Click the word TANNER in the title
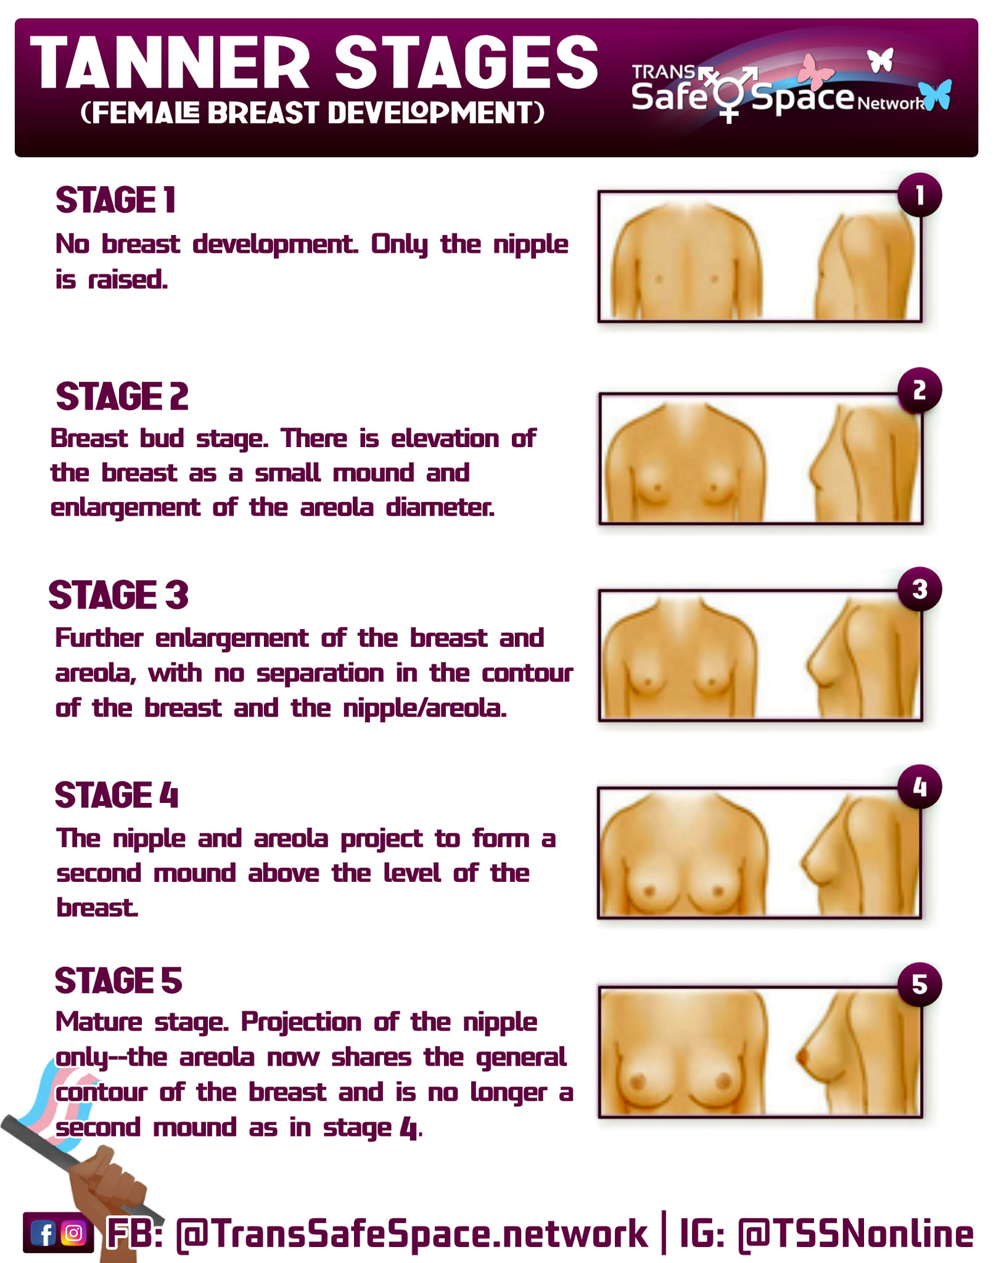pyautogui.click(x=170, y=62)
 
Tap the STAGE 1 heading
pyautogui.click(x=116, y=200)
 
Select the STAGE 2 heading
pyautogui.click(x=122, y=396)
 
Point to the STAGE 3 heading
pyautogui.click(x=118, y=594)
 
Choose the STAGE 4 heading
pyautogui.click(x=117, y=794)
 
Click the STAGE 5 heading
pyautogui.click(x=118, y=981)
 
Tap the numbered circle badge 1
pyautogui.click(x=920, y=195)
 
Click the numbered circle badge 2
pyautogui.click(x=920, y=390)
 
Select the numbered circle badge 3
pyautogui.click(x=920, y=589)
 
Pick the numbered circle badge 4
pyautogui.click(x=920, y=787)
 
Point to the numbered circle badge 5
pyautogui.click(x=920, y=984)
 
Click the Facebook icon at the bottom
pyautogui.click(x=44, y=1233)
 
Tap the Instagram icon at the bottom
pyautogui.click(x=73, y=1233)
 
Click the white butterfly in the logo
pyautogui.click(x=881, y=60)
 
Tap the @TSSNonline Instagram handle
pyautogui.click(x=855, y=1234)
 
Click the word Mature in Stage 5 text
pyautogui.click(x=99, y=1022)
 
